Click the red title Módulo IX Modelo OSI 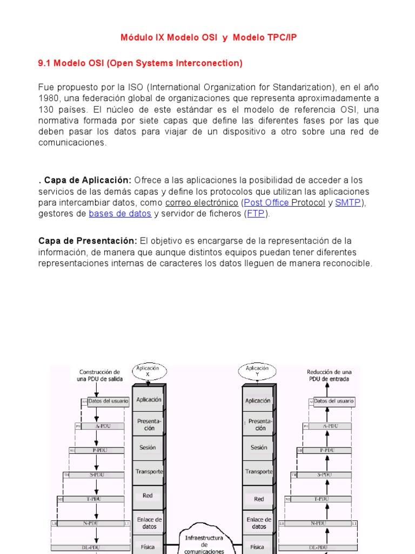click(x=208, y=37)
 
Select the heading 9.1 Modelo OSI click(x=140, y=63)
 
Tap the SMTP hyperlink click(x=348, y=202)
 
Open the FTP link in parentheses click(x=256, y=214)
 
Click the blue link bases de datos click(x=120, y=214)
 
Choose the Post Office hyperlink click(x=266, y=202)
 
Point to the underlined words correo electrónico click(x=202, y=202)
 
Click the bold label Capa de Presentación click(x=88, y=240)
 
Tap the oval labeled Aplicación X click(x=148, y=371)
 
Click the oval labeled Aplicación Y click(x=257, y=371)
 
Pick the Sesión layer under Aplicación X click(x=148, y=447)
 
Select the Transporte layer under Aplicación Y click(x=259, y=471)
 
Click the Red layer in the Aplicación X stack click(x=148, y=496)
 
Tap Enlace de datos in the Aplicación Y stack click(x=259, y=523)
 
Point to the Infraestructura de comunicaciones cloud click(x=204, y=542)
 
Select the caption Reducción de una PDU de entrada click(x=328, y=375)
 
